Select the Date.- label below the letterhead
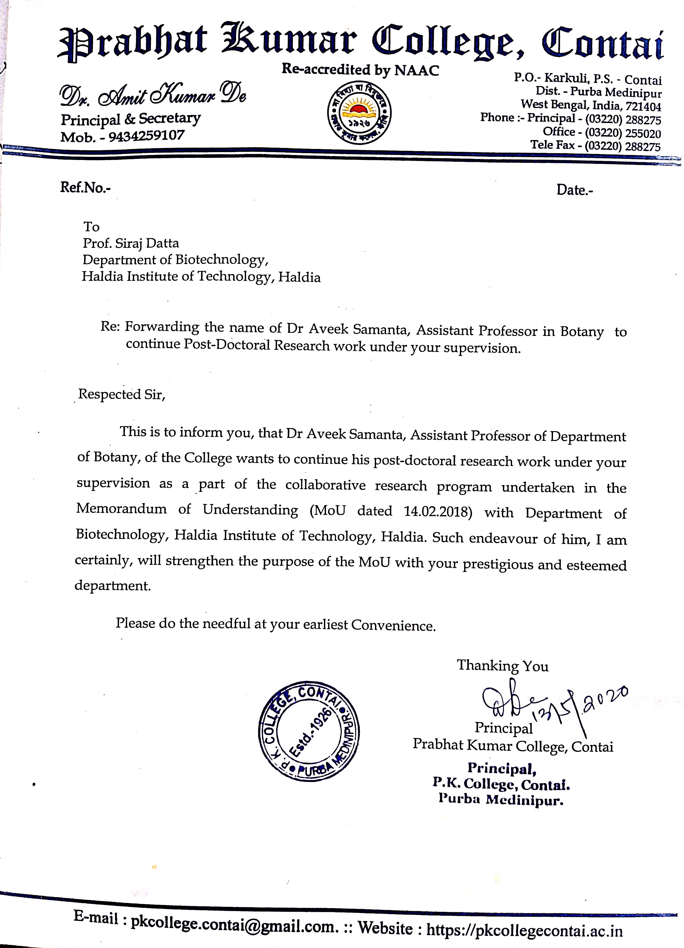(x=574, y=190)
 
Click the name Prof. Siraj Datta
(x=131, y=243)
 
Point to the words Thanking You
(x=503, y=666)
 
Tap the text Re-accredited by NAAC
(x=360, y=70)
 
